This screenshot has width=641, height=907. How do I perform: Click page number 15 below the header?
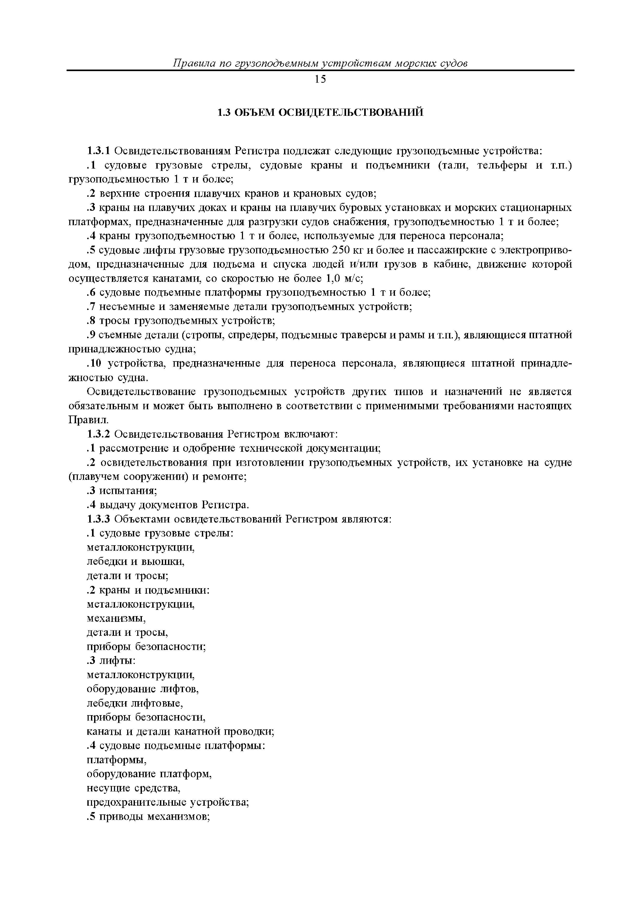320,79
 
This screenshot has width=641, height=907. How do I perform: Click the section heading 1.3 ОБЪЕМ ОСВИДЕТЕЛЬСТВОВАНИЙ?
320,112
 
